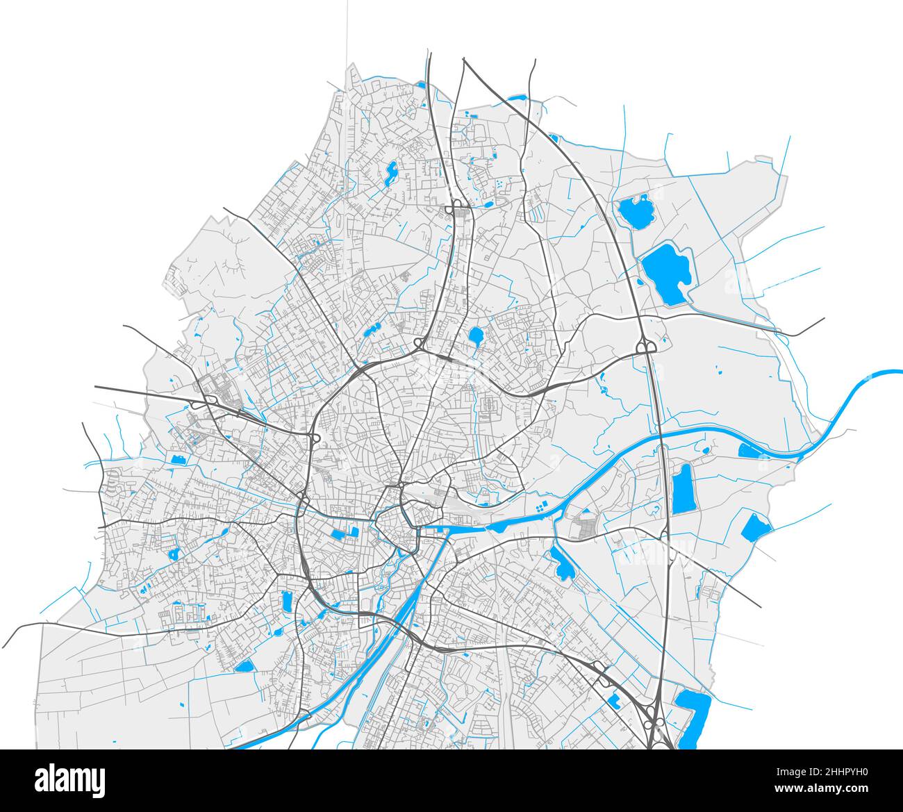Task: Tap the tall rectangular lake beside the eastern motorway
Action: pos(683,488)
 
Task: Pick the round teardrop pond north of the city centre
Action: pos(477,336)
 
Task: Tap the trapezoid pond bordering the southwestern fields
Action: pos(245,666)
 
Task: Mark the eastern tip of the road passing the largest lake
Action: pos(823,320)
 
